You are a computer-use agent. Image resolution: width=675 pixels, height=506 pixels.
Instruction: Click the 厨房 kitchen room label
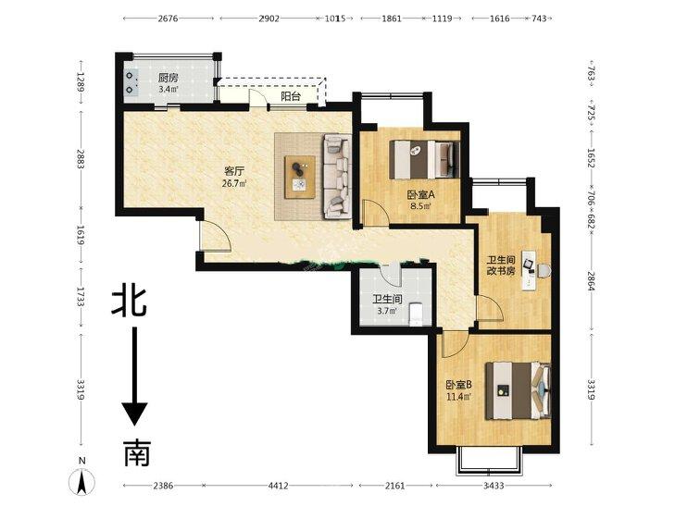pyautogui.click(x=168, y=79)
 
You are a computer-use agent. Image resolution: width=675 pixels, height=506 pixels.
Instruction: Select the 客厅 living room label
pyautogui.click(x=232, y=171)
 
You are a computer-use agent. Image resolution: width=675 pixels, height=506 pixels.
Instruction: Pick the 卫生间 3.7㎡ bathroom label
pyautogui.click(x=386, y=299)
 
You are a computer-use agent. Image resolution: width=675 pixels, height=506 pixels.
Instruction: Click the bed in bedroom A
pyautogui.click(x=422, y=157)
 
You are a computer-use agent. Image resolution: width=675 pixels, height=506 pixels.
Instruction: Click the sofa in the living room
pyautogui.click(x=335, y=176)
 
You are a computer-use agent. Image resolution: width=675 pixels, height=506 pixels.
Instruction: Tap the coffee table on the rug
pyautogui.click(x=300, y=175)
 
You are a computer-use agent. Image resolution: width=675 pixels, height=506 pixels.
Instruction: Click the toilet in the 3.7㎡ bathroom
pyautogui.click(x=417, y=312)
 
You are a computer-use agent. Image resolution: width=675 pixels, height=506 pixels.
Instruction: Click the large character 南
pyautogui.click(x=135, y=453)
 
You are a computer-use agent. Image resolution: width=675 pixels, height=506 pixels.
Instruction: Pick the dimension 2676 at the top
pyautogui.click(x=168, y=19)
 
